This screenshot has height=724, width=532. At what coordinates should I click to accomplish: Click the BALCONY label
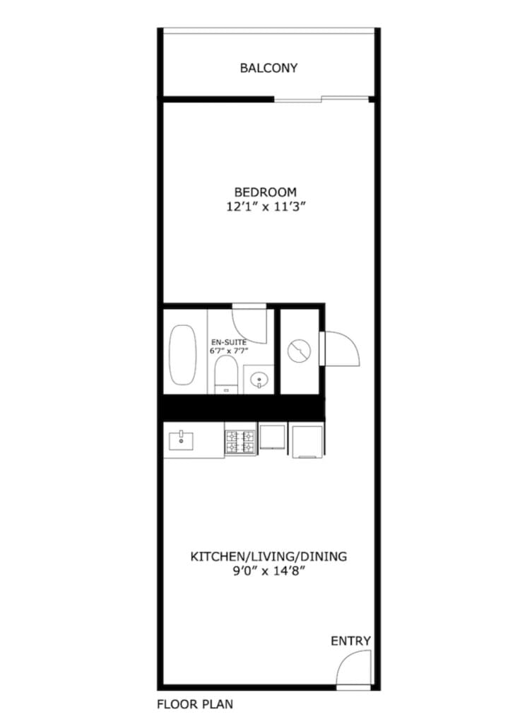click(x=268, y=69)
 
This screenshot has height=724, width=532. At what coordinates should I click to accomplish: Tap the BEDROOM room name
click(x=266, y=192)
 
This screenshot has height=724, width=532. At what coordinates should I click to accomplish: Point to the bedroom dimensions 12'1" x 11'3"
click(x=266, y=207)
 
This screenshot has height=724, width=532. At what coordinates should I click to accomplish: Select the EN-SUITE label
click(x=229, y=342)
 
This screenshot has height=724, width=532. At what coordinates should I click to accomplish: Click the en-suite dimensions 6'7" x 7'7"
click(x=229, y=351)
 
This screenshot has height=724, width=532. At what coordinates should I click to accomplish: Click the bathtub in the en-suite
click(x=183, y=355)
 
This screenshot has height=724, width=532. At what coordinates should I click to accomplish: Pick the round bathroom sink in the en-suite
click(x=259, y=380)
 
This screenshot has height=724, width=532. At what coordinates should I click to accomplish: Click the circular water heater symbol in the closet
click(x=300, y=351)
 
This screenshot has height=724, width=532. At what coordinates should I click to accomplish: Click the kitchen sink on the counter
click(x=181, y=440)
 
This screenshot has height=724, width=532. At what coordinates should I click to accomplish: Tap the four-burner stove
click(x=240, y=442)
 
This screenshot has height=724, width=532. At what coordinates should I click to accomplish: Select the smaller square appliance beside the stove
click(x=273, y=437)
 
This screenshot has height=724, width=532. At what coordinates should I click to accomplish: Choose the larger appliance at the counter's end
click(x=307, y=440)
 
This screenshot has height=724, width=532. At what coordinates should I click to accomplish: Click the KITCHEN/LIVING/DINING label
click(x=268, y=556)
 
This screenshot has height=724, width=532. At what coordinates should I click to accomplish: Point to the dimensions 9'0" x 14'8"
click(x=269, y=571)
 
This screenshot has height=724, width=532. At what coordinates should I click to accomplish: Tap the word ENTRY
click(x=350, y=641)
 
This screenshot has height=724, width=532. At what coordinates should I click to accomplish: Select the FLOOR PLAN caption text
click(x=195, y=704)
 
